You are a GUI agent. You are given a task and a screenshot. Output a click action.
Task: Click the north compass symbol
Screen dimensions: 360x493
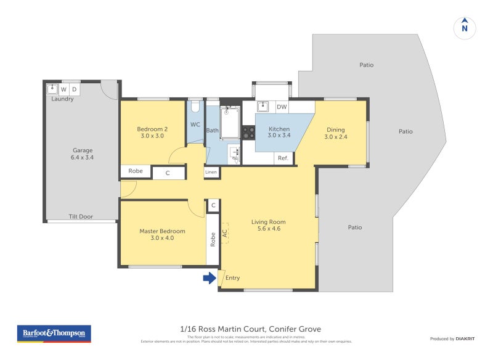465,28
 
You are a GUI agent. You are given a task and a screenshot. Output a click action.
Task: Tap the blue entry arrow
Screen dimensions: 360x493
210,278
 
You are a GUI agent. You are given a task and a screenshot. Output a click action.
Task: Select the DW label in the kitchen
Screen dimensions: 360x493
282,107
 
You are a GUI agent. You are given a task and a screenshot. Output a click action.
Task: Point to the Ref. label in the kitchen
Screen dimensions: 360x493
283,158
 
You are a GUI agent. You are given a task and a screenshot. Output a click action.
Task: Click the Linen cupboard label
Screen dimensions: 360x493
211,172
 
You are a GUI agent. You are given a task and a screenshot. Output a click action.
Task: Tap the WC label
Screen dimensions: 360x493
195,125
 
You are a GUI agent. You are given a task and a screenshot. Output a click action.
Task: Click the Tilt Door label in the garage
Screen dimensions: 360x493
81,216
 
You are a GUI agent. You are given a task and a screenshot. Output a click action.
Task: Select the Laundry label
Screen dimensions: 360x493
62,99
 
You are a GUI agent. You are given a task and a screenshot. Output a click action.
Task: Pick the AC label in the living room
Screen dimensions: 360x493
225,233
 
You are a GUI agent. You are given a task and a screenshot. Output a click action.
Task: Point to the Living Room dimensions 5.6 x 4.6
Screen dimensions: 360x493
268,229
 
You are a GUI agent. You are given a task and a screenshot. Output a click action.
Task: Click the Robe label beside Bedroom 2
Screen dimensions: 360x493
136,171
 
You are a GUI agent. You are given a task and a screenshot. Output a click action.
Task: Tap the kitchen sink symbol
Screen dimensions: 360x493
263,106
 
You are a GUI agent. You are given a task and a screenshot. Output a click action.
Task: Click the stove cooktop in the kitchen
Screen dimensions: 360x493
248,132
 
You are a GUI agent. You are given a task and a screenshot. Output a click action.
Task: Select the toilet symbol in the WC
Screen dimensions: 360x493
195,107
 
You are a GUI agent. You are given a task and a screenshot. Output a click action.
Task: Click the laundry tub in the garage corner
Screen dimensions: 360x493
52,88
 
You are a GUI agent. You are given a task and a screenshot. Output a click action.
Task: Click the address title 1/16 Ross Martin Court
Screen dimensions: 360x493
221,329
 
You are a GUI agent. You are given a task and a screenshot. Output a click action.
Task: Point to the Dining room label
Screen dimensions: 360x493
336,129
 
